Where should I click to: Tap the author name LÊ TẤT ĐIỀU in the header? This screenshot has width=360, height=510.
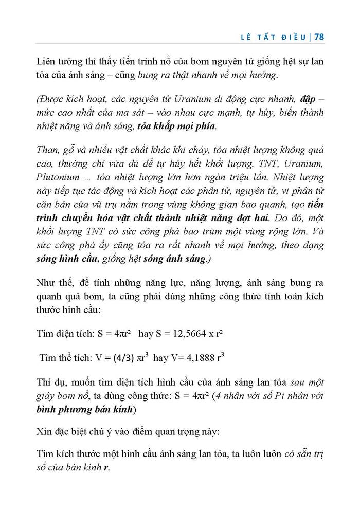point(275,37)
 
